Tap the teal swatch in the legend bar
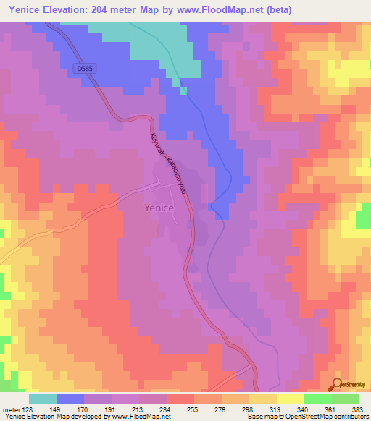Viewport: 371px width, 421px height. click(x=43, y=399)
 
